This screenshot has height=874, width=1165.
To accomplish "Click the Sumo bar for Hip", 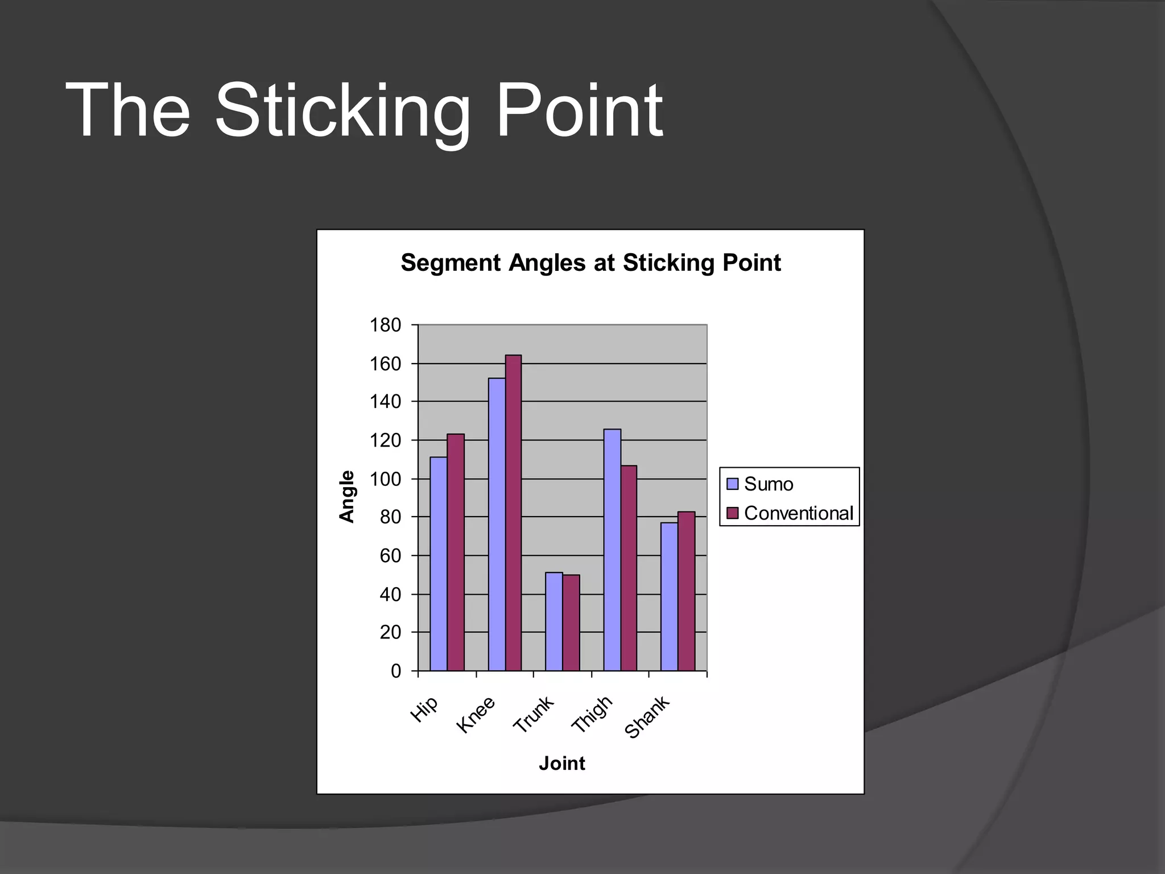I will [x=438, y=563].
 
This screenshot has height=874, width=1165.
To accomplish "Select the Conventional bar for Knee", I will [x=513, y=512].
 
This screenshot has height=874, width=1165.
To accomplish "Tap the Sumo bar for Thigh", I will [x=612, y=549].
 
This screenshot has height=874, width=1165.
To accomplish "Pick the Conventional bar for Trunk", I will [x=571, y=622].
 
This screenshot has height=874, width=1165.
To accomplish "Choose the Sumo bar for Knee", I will [x=497, y=523].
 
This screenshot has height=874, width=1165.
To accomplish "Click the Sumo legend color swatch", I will [x=733, y=484].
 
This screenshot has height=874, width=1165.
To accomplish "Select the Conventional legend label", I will [x=798, y=513].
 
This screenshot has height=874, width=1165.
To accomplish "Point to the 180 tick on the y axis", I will [x=386, y=325].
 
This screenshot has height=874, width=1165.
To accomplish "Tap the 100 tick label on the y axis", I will [x=386, y=479].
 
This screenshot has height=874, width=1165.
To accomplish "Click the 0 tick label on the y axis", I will [x=396, y=671].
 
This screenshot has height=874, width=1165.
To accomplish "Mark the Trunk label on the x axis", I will [x=533, y=715].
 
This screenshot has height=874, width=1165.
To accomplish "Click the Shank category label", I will [x=647, y=717].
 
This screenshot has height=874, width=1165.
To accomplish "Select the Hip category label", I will [x=424, y=709].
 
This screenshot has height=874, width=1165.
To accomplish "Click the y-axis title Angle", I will [x=346, y=496].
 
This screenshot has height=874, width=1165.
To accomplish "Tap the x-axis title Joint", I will [x=561, y=763].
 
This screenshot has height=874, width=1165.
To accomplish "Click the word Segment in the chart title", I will [x=451, y=263].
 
